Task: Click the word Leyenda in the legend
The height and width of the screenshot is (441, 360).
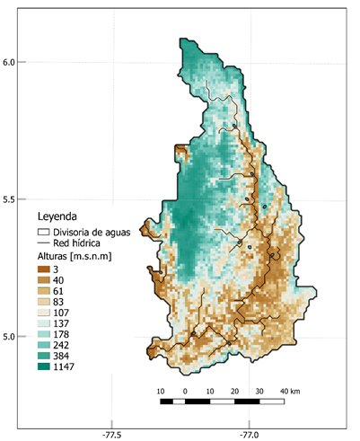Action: pos(56,216)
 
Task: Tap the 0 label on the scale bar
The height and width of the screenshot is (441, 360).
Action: pos(185,392)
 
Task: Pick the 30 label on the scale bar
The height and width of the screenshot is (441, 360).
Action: pos(259,392)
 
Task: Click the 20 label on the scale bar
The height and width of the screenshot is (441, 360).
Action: pos(234,392)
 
